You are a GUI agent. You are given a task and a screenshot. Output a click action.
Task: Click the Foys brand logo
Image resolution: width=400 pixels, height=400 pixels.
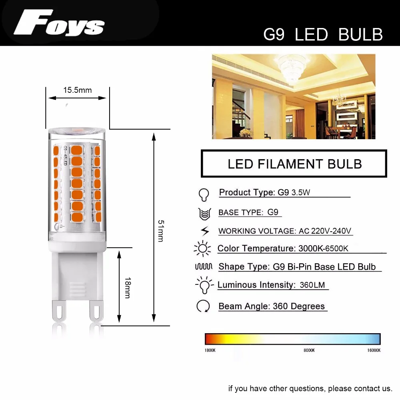pos(59,22)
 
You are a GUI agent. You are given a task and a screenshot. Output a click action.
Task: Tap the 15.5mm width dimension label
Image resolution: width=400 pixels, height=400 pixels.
pos(77,90)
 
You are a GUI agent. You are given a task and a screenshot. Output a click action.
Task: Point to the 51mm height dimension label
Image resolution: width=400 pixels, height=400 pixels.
pos(161,231)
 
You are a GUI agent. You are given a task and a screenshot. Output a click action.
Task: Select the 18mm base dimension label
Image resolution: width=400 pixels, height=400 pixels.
pos(128,288)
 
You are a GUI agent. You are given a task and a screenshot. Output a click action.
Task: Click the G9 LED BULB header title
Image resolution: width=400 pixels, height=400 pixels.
pos(323,34)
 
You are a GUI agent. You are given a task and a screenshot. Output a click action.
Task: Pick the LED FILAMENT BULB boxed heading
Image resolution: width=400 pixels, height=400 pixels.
pos(295,164)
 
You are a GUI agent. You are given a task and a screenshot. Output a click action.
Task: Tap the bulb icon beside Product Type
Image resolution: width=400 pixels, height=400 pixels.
pos(204,195)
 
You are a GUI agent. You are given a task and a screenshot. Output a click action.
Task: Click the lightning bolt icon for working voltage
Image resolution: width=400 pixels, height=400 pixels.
pos(205,231)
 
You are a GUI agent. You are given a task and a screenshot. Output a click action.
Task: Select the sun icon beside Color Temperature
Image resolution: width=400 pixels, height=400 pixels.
pos(202,248)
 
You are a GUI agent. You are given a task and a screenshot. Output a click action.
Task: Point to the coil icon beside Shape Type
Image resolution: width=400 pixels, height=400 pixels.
pos(204,266)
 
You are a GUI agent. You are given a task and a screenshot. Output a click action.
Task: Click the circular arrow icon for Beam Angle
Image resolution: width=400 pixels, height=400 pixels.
pos(203,306)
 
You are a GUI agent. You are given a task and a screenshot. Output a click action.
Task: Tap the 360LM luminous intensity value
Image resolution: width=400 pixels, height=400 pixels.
pos(312,285)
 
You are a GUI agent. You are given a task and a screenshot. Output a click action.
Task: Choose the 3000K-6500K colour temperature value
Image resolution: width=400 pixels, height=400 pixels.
pos(323,248)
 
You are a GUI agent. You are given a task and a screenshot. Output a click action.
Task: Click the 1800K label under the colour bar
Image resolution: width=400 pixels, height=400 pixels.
pos(210,350)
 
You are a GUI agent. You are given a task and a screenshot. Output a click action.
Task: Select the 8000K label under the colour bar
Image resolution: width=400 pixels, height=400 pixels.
pos(309,350)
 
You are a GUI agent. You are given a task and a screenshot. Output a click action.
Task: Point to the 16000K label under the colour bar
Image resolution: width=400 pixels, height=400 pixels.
pos(374,350)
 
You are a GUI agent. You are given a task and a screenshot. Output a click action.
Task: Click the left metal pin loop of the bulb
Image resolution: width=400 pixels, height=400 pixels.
pos(59,311)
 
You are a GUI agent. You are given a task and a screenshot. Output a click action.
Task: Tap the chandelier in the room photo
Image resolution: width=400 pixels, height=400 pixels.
pos(291,69)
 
